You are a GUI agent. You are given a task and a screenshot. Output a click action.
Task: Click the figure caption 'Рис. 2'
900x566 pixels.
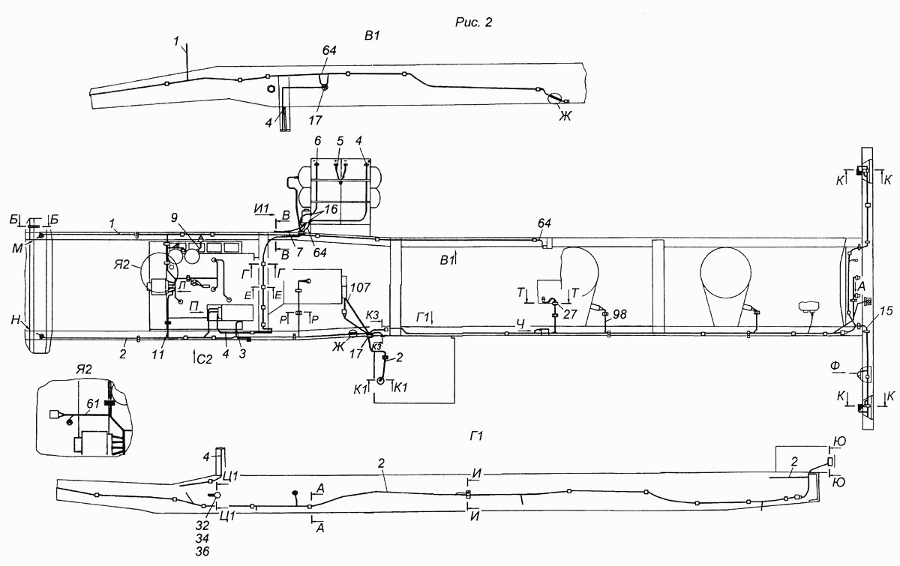473,22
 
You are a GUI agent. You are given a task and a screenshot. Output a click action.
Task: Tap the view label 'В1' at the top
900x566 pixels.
372,36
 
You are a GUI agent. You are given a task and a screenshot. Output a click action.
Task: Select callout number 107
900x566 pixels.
361,288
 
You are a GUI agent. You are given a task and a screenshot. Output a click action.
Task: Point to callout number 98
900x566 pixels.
619,314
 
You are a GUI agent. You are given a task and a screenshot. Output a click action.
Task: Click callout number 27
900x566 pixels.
570,314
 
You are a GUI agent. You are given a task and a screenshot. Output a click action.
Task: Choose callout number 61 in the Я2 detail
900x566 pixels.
93,404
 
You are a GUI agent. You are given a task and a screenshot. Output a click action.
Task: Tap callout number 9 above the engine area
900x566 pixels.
174,217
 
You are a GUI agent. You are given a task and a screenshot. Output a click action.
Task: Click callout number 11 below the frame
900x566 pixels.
158,355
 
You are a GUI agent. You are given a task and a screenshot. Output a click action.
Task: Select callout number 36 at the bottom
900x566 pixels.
202,552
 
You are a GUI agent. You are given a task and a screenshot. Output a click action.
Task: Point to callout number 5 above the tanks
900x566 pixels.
340,141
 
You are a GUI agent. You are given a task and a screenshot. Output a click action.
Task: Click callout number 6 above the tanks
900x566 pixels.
318,141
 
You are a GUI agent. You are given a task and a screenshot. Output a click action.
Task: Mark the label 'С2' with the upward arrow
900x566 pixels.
204,359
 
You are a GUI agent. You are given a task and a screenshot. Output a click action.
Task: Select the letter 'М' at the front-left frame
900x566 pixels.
17,248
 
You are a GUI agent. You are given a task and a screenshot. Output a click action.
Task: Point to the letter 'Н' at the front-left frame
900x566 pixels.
16,320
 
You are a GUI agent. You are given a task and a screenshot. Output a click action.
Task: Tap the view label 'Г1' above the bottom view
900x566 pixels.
476,436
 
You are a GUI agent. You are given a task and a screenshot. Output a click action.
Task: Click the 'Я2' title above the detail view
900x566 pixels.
83,370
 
